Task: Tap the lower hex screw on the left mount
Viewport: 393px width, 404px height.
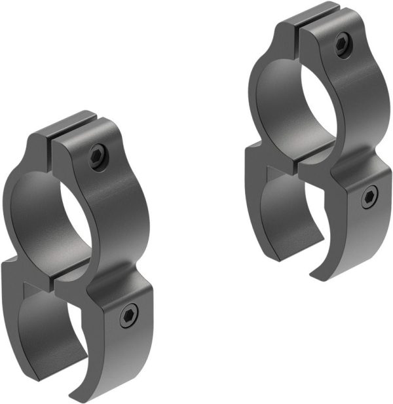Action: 128,318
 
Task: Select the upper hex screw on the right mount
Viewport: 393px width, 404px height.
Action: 343,44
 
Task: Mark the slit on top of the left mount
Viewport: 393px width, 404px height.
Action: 52,140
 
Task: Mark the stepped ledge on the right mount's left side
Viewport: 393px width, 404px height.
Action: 253,155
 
